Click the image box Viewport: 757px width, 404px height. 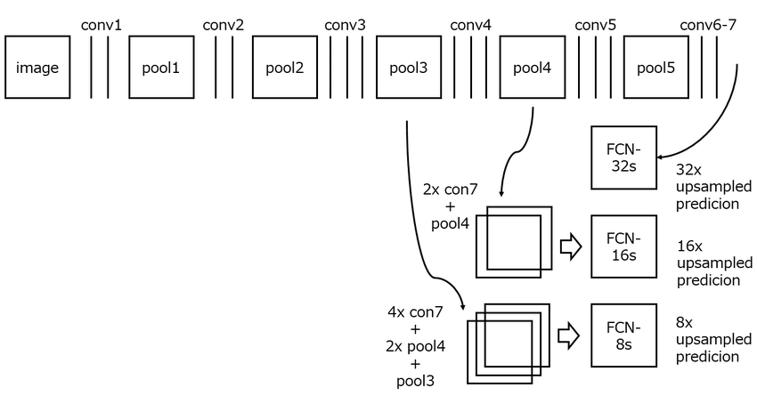coord(37,68)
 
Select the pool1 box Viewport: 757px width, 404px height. coord(161,68)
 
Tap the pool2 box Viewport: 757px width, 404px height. coord(285,68)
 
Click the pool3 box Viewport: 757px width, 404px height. coord(409,68)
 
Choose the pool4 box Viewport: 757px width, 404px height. coord(533,68)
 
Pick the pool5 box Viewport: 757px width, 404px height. coord(656,68)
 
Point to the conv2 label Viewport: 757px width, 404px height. coord(223,24)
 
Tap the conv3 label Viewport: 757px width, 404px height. coord(346,24)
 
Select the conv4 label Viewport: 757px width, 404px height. coord(470,24)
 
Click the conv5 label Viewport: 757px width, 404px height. coord(595,24)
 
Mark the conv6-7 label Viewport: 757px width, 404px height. coord(708,24)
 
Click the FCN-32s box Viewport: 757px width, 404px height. coord(623,158)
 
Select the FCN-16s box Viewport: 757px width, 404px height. coord(623,246)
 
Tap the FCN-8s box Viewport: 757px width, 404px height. coord(623,335)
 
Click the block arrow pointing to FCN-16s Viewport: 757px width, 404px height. coord(569,246)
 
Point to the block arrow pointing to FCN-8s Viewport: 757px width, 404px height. coord(569,335)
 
